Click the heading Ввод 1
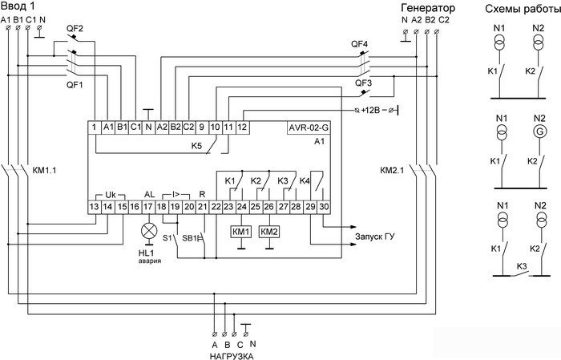point(18,7)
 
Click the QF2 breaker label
point(75,30)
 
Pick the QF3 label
point(364,83)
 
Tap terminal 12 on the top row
point(241,127)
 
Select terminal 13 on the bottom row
point(94,207)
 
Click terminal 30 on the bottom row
point(324,207)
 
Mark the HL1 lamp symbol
point(147,230)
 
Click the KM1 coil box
point(241,232)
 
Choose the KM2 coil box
point(269,232)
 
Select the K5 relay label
point(197,146)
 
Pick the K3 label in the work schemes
point(521,265)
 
